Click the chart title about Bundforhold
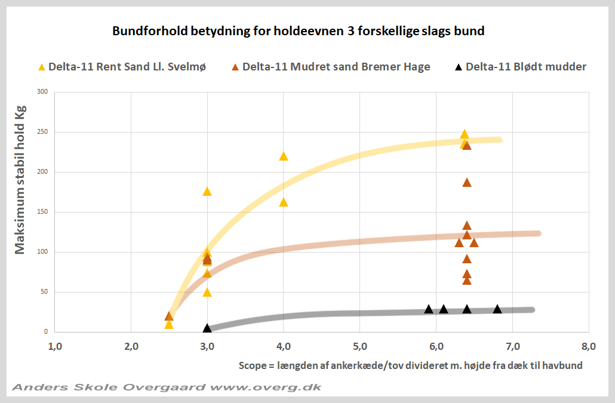[298, 31]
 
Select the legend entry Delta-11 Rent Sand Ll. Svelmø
[122, 67]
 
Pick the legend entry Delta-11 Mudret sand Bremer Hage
[330, 67]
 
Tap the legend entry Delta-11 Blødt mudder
[520, 67]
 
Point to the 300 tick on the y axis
[42, 92]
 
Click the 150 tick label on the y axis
[42, 212]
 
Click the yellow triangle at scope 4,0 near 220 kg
[284, 156]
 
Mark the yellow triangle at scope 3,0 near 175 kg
[207, 192]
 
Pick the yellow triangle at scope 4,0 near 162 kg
[284, 202]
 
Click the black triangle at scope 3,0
[207, 328]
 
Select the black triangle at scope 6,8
[497, 309]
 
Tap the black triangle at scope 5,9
[429, 309]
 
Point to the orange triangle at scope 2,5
[169, 316]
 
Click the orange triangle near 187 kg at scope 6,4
[467, 183]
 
